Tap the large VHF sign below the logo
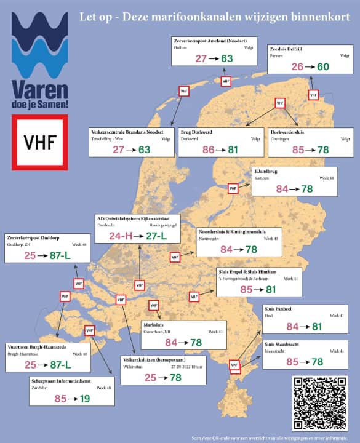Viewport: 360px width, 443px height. [x=39, y=142]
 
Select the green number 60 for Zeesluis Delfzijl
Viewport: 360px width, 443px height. [x=322, y=66]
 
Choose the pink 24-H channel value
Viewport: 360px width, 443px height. [x=121, y=236]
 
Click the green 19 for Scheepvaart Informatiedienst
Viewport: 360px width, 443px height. [x=84, y=399]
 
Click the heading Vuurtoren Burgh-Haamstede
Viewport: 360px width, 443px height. [x=37, y=348]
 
